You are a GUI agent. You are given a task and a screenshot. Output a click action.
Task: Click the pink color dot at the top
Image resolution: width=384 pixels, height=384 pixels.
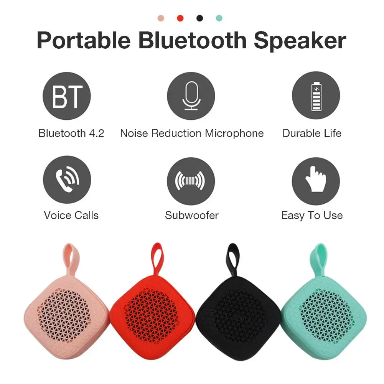pyautogui.click(x=161, y=18)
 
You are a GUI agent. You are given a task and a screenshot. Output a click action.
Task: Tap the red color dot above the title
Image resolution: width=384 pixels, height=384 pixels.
pyautogui.click(x=180, y=18)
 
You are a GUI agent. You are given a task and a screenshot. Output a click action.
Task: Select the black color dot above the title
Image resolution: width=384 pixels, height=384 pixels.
pyautogui.click(x=199, y=18)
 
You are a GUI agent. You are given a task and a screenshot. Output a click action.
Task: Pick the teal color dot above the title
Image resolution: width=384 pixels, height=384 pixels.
pyautogui.click(x=219, y=18)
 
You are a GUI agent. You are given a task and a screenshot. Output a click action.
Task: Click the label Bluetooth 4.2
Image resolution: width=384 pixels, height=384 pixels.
pyautogui.click(x=71, y=133)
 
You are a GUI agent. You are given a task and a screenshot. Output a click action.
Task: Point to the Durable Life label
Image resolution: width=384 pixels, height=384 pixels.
pyautogui.click(x=312, y=133)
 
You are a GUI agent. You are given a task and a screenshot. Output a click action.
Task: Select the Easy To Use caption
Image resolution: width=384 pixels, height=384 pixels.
pyautogui.click(x=312, y=215)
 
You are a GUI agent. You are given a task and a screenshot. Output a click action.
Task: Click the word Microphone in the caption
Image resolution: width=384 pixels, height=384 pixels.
pyautogui.click(x=234, y=133)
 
